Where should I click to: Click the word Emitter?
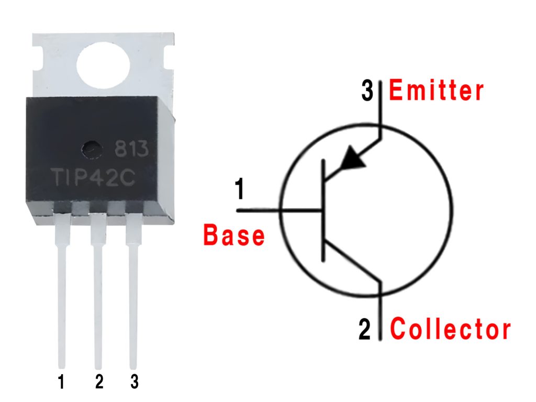437,92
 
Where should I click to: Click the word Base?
234,236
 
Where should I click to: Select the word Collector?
451,330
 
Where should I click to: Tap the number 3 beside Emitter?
368,92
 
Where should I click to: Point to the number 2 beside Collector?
365,330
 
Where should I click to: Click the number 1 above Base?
239,189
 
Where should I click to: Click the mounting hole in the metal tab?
103,65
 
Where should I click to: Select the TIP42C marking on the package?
94,177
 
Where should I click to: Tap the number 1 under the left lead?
61,382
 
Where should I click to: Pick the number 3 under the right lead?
134,382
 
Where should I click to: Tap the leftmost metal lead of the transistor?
62,293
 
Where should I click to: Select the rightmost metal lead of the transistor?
133,293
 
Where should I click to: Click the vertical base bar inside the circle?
323,211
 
